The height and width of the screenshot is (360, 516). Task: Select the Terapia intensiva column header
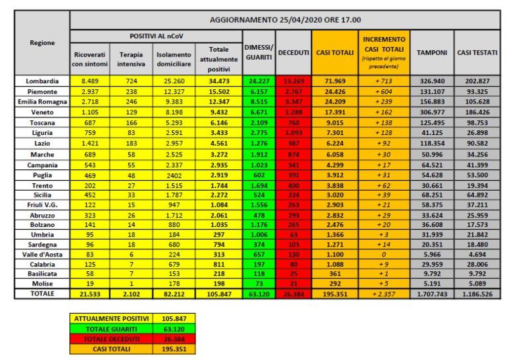130,58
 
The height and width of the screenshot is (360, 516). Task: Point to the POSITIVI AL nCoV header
157,35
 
